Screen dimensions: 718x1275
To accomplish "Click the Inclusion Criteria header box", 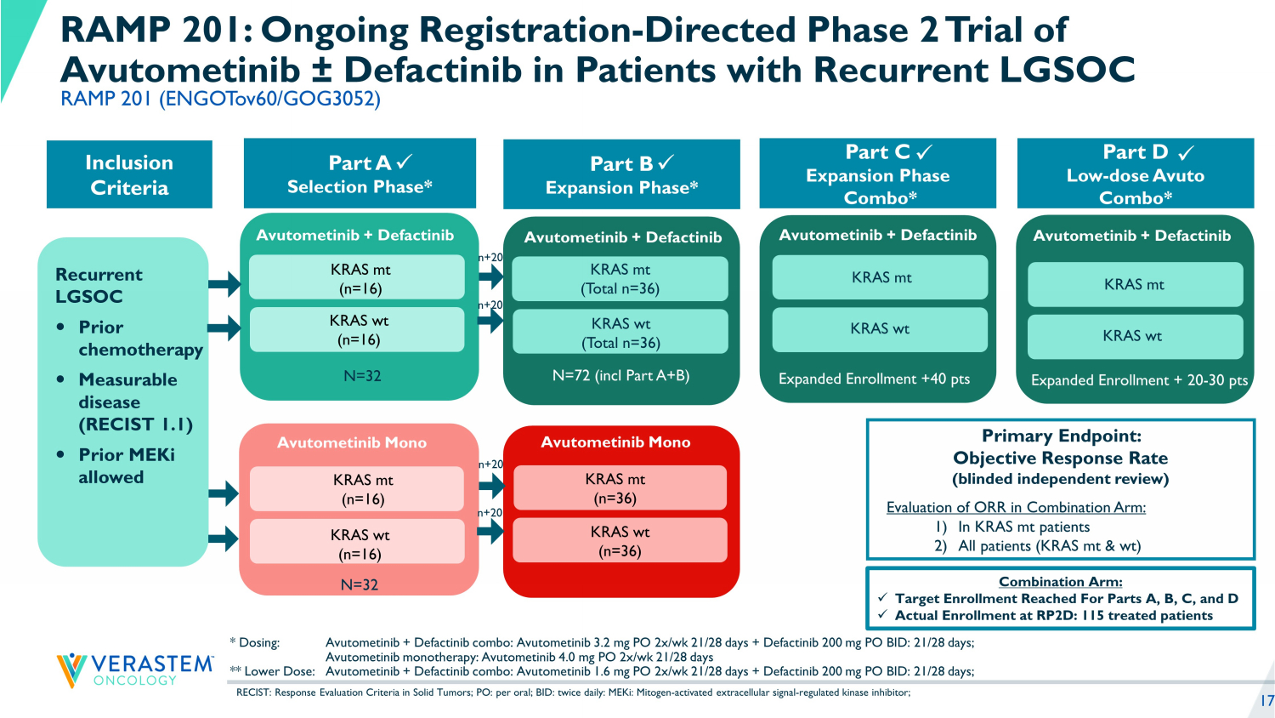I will (x=129, y=174).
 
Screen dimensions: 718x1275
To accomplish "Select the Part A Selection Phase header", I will (x=360, y=174).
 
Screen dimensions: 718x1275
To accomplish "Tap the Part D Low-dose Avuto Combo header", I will (x=1135, y=174).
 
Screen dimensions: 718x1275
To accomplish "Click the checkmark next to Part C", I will (x=925, y=152).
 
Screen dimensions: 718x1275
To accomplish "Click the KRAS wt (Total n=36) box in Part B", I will (x=620, y=333).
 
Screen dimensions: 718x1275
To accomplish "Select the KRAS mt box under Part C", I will (x=880, y=277).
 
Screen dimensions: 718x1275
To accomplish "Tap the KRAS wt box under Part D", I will (x=1135, y=336).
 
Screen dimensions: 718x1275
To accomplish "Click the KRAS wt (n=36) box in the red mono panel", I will (x=620, y=541).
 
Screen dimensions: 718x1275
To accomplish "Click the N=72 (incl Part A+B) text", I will (x=620, y=375).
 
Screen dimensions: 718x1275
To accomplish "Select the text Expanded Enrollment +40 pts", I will (x=874, y=379).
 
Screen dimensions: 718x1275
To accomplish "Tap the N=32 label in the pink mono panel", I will (x=359, y=584).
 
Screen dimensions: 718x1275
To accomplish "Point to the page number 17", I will (x=1266, y=701).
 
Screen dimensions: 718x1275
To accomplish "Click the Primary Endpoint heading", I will (x=1061, y=436).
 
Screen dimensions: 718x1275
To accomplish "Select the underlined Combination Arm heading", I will (x=1060, y=582).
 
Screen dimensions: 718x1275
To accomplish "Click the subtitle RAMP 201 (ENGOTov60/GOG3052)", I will (x=220, y=99).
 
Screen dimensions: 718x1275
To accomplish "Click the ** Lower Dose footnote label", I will (x=272, y=671).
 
